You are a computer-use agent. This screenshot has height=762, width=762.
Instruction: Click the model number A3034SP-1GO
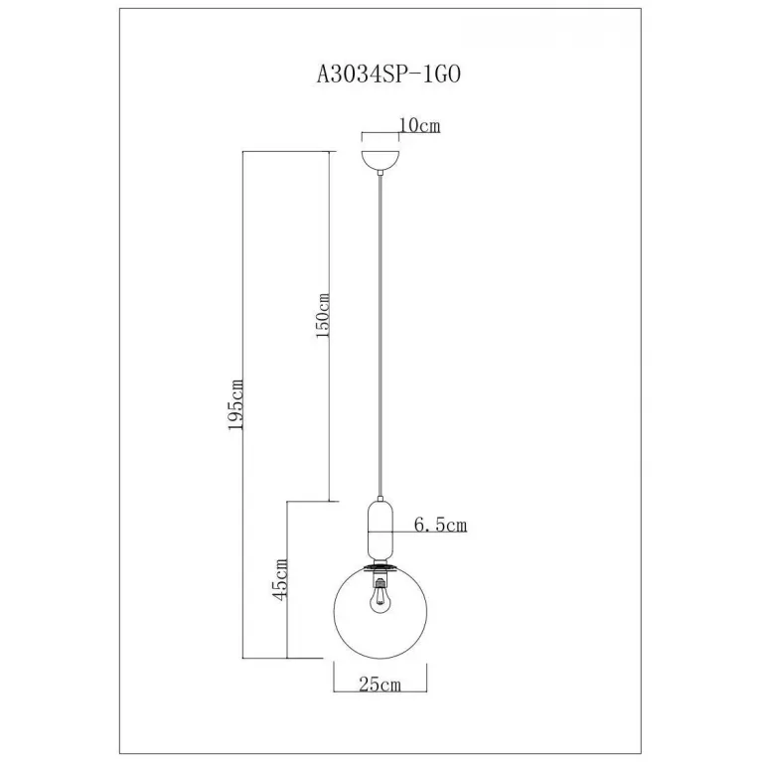pyautogui.click(x=388, y=75)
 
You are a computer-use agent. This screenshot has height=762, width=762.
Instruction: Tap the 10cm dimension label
pyautogui.click(x=419, y=125)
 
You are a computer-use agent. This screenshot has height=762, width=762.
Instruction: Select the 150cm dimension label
pyautogui.click(x=323, y=315)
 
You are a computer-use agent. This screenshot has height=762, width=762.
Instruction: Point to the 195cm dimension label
pyautogui.click(x=235, y=404)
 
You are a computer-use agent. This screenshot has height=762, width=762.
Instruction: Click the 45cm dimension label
pyautogui.click(x=280, y=580)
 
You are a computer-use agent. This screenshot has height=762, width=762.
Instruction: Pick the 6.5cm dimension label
pyautogui.click(x=440, y=525)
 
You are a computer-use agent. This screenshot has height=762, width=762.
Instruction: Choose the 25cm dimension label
pyautogui.click(x=381, y=685)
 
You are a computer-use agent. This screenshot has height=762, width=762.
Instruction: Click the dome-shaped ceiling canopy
pyautogui.click(x=381, y=160)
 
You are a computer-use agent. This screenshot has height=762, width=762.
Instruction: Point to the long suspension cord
pyautogui.click(x=381, y=336)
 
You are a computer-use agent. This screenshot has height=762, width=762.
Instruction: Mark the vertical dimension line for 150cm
pyautogui.click(x=330, y=326)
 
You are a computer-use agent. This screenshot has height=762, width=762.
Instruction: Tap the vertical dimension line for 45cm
pyautogui.click(x=287, y=580)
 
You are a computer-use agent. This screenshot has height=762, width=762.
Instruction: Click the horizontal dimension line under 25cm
pyautogui.click(x=381, y=691)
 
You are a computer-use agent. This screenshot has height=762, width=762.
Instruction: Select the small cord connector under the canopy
pyautogui.click(x=381, y=173)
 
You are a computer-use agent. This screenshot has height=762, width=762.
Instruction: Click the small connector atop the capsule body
pyautogui.click(x=381, y=499)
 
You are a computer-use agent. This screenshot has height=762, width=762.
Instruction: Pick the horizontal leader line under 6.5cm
pyautogui.click(x=429, y=533)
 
